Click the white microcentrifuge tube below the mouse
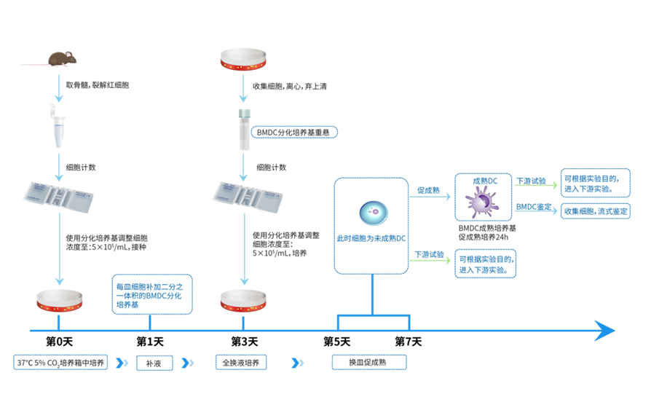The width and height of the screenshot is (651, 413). pos(58,125)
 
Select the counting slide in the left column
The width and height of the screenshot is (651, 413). pos(58,196)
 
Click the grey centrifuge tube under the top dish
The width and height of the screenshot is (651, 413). pos(243,130)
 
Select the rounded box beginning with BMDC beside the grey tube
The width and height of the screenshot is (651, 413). pos(294,133)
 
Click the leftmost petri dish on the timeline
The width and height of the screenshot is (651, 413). pos(59,299)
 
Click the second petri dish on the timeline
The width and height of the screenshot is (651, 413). pos(243,299)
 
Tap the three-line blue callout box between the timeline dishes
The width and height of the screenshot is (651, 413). pos(152,294)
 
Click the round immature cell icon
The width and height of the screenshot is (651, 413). pos(372,213)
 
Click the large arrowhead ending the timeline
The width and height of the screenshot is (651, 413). pos(604,331)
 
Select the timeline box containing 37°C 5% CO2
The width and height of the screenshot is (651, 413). pos(60,363)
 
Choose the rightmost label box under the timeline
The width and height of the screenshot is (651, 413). pos(368,363)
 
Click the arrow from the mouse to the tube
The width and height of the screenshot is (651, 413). pos(58,85)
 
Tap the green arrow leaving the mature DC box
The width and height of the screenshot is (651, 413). pos(534,185)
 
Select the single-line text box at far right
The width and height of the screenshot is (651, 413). pos(596,211)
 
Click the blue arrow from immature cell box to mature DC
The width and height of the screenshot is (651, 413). pos(430,196)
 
